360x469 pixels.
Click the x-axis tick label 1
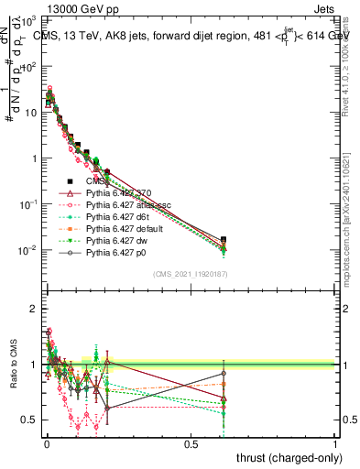pyautogui.click(x=335, y=442)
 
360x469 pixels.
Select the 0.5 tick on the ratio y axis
pyautogui.click(x=29, y=420)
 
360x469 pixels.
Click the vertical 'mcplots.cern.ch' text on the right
pyautogui.click(x=354, y=229)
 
